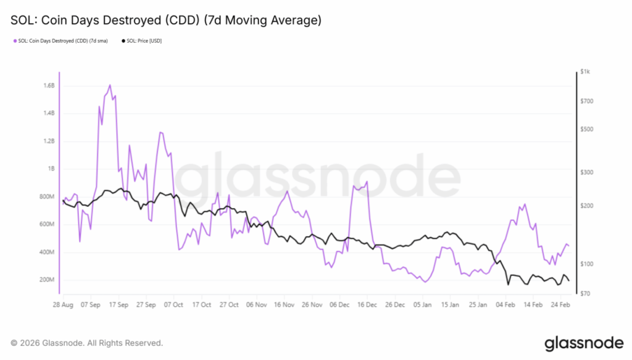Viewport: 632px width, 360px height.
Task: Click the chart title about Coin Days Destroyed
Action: pyautogui.click(x=166, y=20)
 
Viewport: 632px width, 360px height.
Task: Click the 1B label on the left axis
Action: pyautogui.click(x=51, y=169)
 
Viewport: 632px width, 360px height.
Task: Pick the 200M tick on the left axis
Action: pyautogui.click(x=48, y=280)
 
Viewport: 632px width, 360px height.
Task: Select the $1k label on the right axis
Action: pyautogui.click(x=586, y=72)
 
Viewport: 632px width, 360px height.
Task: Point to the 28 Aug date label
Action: pyautogui.click(x=63, y=304)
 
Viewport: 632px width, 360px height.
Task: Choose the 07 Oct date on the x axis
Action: pyautogui.click(x=173, y=304)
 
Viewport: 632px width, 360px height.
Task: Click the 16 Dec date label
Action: pyautogui.click(x=367, y=304)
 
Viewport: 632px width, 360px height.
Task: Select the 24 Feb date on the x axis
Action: pyautogui.click(x=561, y=304)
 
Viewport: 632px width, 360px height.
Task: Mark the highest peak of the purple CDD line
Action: pyautogui.click(x=110, y=85)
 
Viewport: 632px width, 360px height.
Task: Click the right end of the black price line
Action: pyautogui.click(x=568, y=281)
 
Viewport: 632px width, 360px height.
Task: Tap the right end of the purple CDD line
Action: pyautogui.click(x=568, y=246)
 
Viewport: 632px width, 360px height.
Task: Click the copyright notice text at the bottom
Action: pyautogui.click(x=87, y=343)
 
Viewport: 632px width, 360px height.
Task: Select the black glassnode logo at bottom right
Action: pyautogui.click(x=583, y=343)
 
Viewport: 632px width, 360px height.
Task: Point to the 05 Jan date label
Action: pyautogui.click(x=423, y=304)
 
